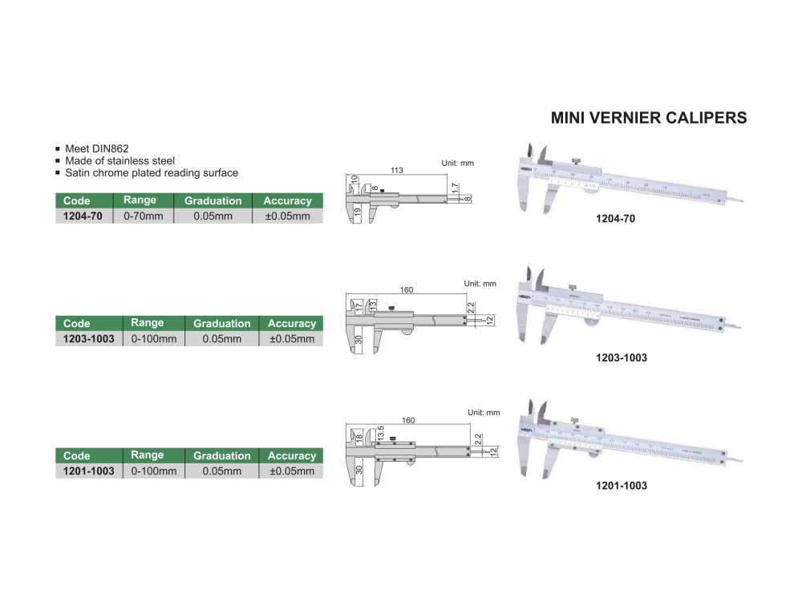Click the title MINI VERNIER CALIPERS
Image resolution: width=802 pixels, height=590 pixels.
pyautogui.click(x=649, y=118)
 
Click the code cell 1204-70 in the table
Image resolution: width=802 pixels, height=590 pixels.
pyautogui.click(x=83, y=216)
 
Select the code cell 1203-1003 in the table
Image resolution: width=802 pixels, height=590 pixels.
pyautogui.click(x=88, y=339)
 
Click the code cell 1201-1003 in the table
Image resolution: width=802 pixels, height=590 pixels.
pyautogui.click(x=88, y=471)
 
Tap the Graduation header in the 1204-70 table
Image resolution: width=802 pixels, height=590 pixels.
pyautogui.click(x=213, y=200)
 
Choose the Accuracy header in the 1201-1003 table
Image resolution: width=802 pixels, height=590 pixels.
pyautogui.click(x=292, y=455)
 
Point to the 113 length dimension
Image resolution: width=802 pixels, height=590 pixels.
pyautogui.click(x=396, y=170)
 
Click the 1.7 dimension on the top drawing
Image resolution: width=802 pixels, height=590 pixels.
pyautogui.click(x=455, y=188)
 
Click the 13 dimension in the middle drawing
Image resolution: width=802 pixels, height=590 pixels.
pyautogui.click(x=374, y=305)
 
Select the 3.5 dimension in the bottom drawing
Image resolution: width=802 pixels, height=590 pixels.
pyautogui.click(x=382, y=432)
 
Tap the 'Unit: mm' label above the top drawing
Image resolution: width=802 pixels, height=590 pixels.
pyautogui.click(x=458, y=164)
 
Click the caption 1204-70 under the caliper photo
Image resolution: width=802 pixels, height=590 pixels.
pyautogui.click(x=615, y=218)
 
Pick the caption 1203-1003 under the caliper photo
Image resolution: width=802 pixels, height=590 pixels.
pyautogui.click(x=621, y=358)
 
